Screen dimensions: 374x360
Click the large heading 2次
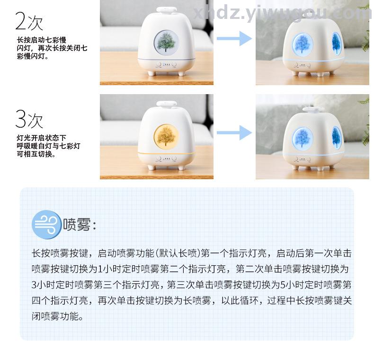click(x=29, y=21)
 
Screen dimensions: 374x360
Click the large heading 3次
click(x=29, y=119)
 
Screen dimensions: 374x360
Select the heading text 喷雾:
click(x=80, y=225)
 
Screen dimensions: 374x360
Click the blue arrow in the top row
click(x=234, y=38)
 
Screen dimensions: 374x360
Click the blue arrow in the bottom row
click(x=234, y=132)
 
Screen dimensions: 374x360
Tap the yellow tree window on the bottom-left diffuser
click(x=166, y=136)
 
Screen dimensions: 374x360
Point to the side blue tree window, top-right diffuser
click(x=337, y=44)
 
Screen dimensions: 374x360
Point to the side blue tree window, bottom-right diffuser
click(x=337, y=138)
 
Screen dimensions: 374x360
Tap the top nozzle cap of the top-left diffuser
click(x=167, y=10)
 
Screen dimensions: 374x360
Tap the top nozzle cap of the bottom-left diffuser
click(x=167, y=104)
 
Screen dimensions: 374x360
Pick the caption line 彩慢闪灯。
click(x=33, y=56)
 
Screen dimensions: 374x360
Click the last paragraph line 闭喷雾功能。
click(x=58, y=316)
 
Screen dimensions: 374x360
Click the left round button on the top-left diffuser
click(x=159, y=64)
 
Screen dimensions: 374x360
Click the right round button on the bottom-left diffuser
click(x=174, y=158)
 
